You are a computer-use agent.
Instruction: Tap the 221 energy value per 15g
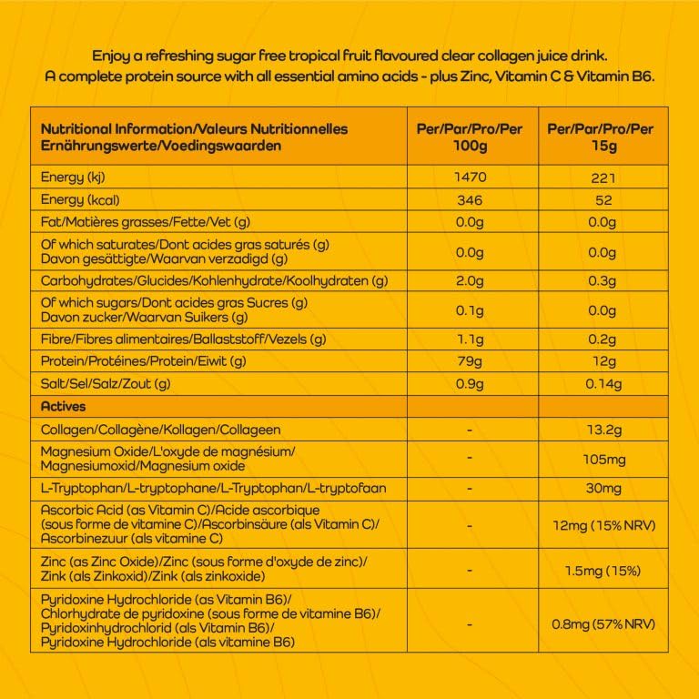pyautogui.click(x=602, y=177)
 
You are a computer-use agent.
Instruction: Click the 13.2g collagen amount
pyautogui.click(x=602, y=430)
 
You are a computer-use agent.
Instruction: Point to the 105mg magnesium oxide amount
pyautogui.click(x=602, y=459)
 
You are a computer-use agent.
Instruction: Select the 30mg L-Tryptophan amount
pyautogui.click(x=602, y=489)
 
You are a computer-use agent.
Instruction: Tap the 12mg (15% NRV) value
pyautogui.click(x=602, y=526)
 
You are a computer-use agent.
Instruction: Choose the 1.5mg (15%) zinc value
pyautogui.click(x=602, y=571)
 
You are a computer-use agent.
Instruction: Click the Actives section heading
pyautogui.click(x=64, y=406)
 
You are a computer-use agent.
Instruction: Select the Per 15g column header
pyautogui.click(x=602, y=137)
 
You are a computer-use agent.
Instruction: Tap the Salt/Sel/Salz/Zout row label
pyautogui.click(x=106, y=384)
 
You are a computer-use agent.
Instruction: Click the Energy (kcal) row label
pyautogui.click(x=81, y=200)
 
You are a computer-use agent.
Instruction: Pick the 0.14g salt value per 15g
pyautogui.click(x=602, y=384)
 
